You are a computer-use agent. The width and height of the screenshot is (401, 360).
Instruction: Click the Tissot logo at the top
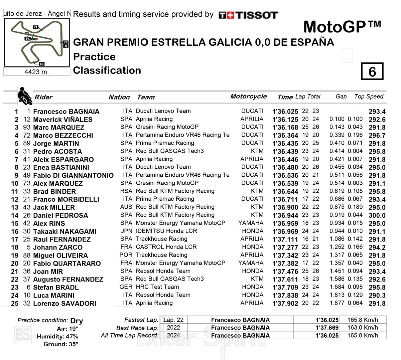click(248, 15)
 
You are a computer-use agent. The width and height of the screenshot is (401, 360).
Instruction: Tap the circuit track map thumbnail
click(37, 42)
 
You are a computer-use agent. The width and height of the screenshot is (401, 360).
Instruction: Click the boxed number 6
click(372, 71)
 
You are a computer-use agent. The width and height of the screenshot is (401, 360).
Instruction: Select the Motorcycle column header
click(248, 97)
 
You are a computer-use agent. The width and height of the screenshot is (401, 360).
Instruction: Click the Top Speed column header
click(369, 97)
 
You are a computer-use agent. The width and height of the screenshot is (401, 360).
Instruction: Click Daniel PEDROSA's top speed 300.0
click(377, 215)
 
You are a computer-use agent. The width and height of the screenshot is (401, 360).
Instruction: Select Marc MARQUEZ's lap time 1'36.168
click(285, 128)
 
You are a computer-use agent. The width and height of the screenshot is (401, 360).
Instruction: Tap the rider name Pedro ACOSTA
click(57, 152)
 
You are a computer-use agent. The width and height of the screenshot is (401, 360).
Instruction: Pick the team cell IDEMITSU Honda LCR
click(166, 231)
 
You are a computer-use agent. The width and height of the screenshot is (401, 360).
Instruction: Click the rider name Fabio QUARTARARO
click(67, 263)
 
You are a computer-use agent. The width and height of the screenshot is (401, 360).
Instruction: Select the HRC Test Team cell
click(157, 287)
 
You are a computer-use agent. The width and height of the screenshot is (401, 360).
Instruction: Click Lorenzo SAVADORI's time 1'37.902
click(285, 304)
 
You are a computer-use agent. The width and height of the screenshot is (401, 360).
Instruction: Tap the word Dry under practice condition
click(77, 321)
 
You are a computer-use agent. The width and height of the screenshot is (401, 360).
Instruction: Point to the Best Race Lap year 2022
click(173, 328)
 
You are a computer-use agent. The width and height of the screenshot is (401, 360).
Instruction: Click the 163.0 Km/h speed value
click(363, 328)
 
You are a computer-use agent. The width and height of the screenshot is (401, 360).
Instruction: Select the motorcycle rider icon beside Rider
click(24, 96)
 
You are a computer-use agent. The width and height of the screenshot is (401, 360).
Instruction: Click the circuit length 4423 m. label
click(37, 72)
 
